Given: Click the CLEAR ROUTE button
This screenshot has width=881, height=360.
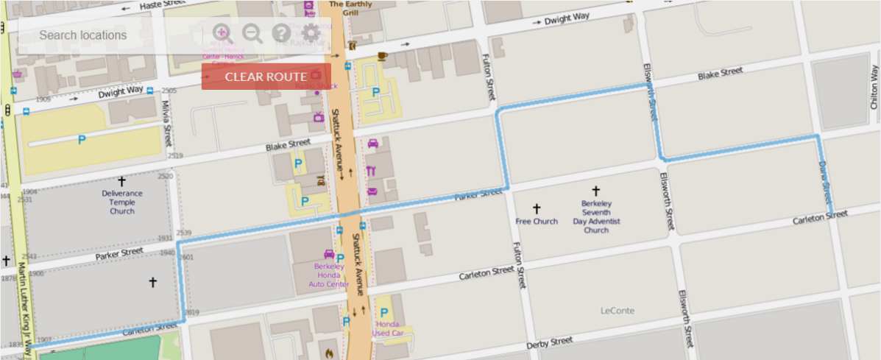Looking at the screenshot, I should (266, 77).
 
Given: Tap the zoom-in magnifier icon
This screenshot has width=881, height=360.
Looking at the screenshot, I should (222, 33).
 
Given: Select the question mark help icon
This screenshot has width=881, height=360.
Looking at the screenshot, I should (281, 33).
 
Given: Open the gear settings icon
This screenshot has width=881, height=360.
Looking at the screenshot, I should (311, 33).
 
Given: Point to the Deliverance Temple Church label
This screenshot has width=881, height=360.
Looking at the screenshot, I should (122, 202).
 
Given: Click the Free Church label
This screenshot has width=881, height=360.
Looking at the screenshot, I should (537, 221).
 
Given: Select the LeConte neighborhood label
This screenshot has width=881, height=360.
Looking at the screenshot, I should (618, 311).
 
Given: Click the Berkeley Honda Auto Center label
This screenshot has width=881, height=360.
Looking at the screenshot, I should (329, 275).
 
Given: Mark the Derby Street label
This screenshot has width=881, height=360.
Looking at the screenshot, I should (550, 343).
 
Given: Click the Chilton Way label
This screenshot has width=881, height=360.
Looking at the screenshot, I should (874, 88).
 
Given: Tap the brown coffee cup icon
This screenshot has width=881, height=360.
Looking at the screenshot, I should (382, 56).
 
